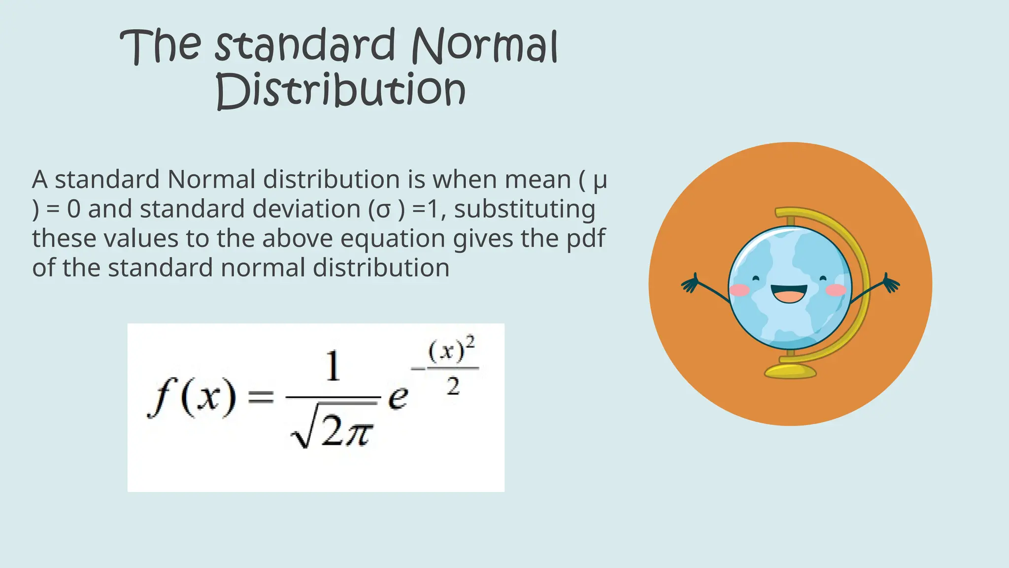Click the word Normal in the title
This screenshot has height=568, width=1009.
(484, 46)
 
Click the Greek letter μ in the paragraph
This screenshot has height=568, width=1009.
(600, 180)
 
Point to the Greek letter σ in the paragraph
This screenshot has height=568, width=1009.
(383, 210)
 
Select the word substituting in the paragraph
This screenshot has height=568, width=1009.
(524, 209)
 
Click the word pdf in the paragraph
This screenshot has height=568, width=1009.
(586, 239)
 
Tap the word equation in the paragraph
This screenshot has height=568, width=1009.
(393, 239)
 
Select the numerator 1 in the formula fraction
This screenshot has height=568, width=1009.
(333, 366)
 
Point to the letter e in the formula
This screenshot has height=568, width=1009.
(398, 397)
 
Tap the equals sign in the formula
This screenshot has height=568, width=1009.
(260, 396)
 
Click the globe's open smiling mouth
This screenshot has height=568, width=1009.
(789, 294)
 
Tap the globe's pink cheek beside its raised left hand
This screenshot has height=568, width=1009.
(836, 290)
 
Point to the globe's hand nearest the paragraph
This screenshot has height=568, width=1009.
(690, 284)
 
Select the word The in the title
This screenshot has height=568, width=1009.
(160, 46)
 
